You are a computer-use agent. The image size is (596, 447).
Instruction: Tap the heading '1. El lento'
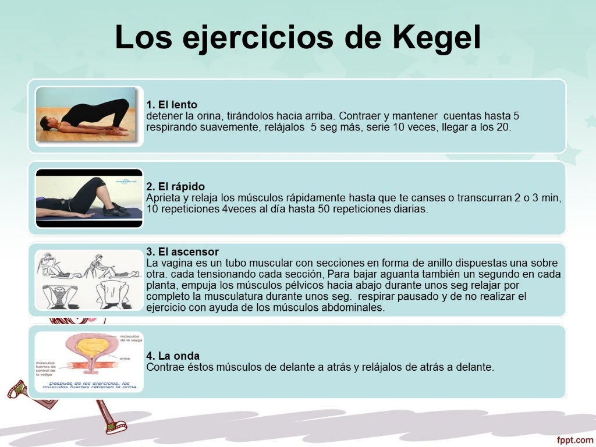[172, 105]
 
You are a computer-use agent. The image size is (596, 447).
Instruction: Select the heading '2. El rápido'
[175, 186]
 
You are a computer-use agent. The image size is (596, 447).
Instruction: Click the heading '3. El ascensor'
[182, 252]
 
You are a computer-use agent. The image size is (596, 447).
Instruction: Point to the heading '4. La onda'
[173, 356]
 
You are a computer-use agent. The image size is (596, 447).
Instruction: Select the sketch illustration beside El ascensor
[88, 280]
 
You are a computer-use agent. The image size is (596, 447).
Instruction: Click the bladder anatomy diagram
[88, 361]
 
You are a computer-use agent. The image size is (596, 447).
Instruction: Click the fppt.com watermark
[574, 440]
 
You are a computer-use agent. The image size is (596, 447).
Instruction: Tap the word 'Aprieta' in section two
[162, 198]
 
